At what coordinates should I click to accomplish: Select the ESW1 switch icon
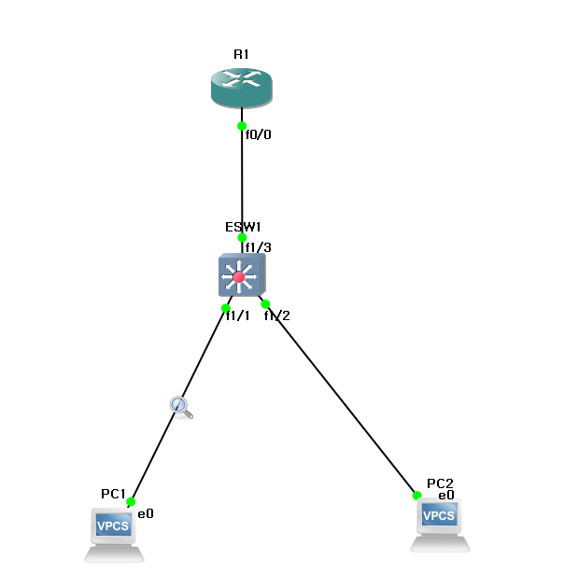point(241,275)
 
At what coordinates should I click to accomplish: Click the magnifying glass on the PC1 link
point(180,406)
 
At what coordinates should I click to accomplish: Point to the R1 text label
point(241,54)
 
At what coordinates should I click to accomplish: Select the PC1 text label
point(113,493)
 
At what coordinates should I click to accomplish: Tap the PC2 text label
point(440,483)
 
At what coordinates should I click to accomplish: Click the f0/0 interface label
point(258,134)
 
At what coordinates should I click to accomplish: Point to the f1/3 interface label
point(259,247)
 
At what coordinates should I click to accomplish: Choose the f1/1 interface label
point(237,315)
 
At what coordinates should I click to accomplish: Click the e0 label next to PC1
point(146,513)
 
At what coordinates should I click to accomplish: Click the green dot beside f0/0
point(242,126)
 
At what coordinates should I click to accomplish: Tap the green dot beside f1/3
point(242,237)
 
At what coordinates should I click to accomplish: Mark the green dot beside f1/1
point(226,308)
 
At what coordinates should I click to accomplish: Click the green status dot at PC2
point(417,496)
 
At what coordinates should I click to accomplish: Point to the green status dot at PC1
point(131,502)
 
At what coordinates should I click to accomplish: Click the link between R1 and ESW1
point(242,182)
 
